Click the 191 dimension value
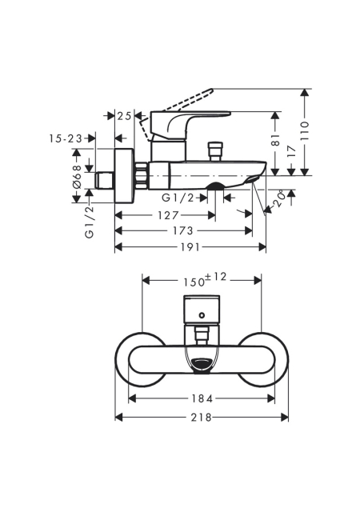coord(190,247)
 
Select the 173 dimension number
coord(182,231)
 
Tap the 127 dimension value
coord(168,215)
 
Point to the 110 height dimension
coord(305,130)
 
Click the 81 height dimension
coord(276,139)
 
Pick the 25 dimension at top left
coord(125,115)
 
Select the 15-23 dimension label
coord(66,138)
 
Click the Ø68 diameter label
coord(77,176)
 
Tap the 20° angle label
coord(278,200)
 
